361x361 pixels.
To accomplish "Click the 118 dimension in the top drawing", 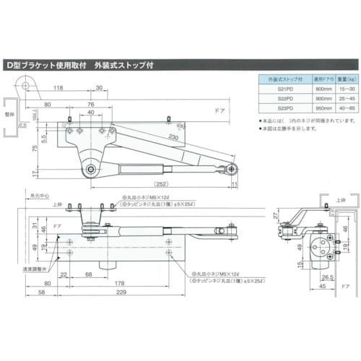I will (57, 90).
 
